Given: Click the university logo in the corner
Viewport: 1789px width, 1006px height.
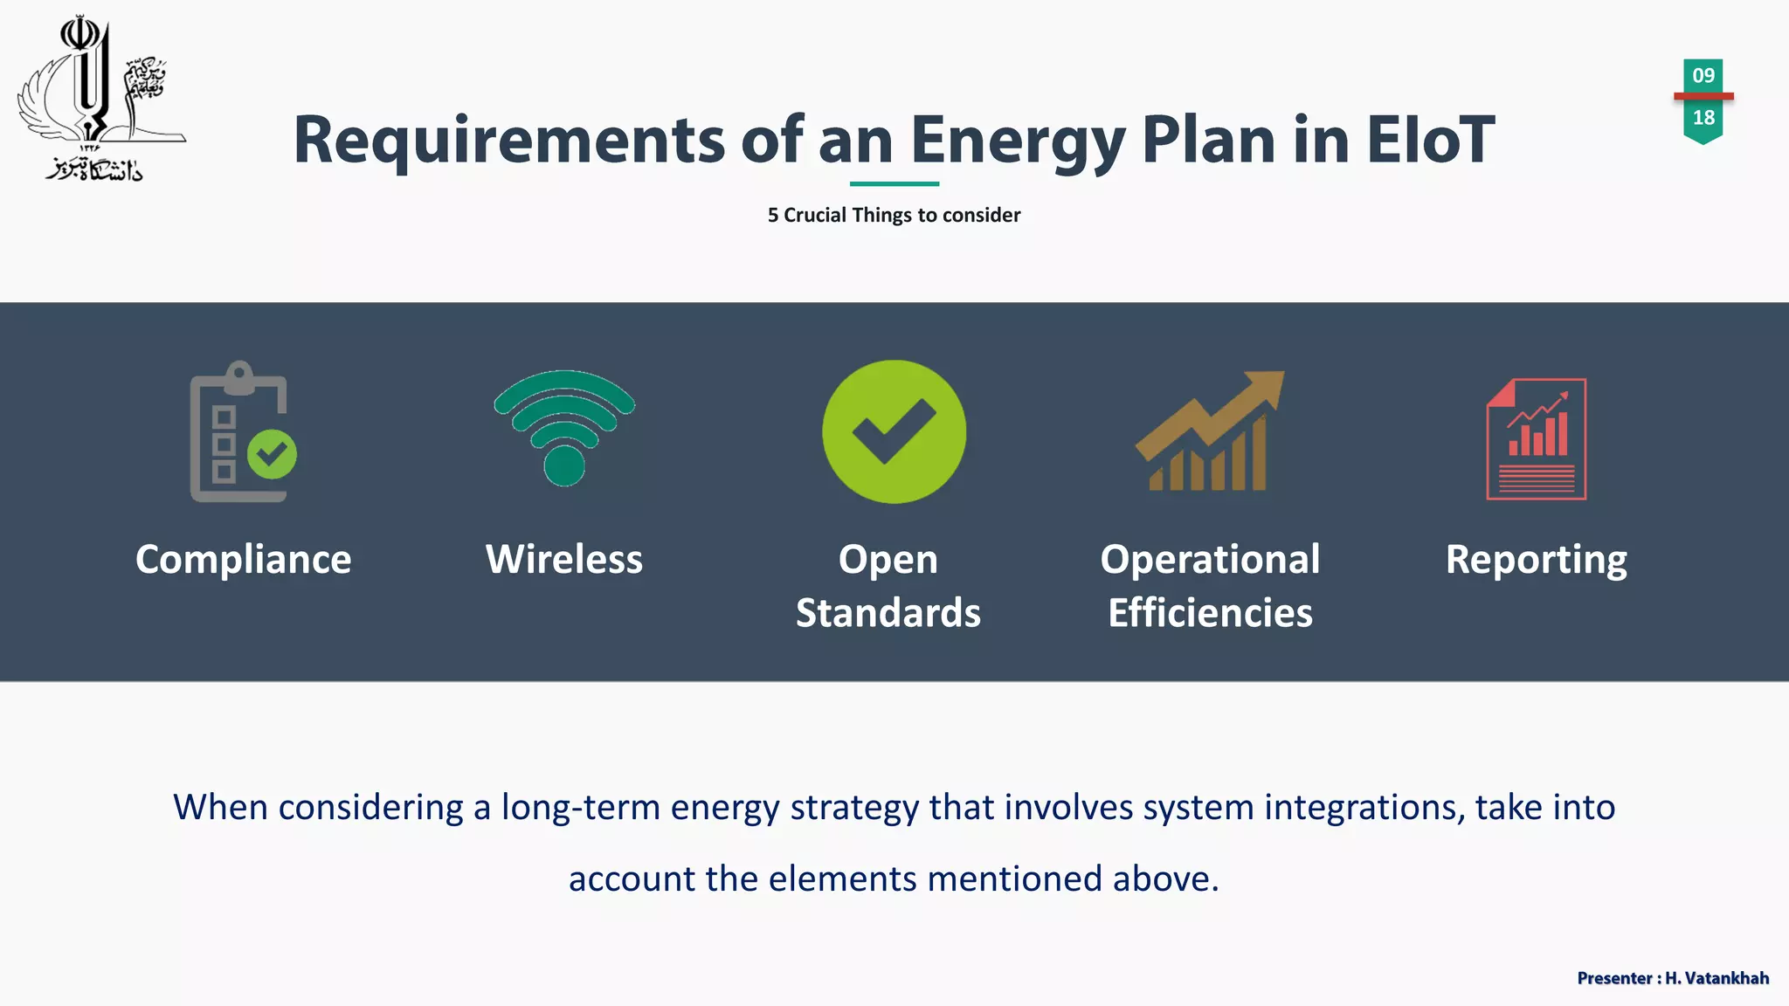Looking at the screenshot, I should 98,100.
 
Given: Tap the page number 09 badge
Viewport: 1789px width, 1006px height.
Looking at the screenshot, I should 1703,75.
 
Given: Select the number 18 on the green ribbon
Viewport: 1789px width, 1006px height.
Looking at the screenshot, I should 1703,118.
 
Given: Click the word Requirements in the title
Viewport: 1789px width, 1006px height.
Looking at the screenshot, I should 508,140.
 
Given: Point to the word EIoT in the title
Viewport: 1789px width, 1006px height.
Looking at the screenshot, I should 1430,140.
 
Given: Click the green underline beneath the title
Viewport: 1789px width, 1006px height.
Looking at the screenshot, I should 894,183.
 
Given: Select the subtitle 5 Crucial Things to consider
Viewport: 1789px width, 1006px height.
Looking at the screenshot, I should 894,215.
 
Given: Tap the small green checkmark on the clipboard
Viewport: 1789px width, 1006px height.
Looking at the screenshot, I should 272,453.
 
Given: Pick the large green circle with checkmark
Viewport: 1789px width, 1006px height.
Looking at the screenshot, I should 894,431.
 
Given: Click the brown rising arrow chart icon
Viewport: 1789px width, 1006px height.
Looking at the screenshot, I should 1209,431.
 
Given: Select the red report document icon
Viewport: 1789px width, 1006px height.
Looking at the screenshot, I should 1536,438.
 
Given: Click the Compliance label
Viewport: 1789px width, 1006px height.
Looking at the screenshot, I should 243,559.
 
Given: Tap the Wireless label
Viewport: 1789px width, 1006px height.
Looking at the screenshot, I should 564,559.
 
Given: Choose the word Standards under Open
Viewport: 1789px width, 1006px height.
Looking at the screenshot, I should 888,612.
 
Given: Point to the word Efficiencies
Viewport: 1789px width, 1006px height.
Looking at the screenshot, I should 1210,612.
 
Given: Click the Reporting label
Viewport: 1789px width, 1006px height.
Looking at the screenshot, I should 1536,559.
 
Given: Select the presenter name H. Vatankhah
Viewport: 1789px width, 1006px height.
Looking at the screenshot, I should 1716,978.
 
